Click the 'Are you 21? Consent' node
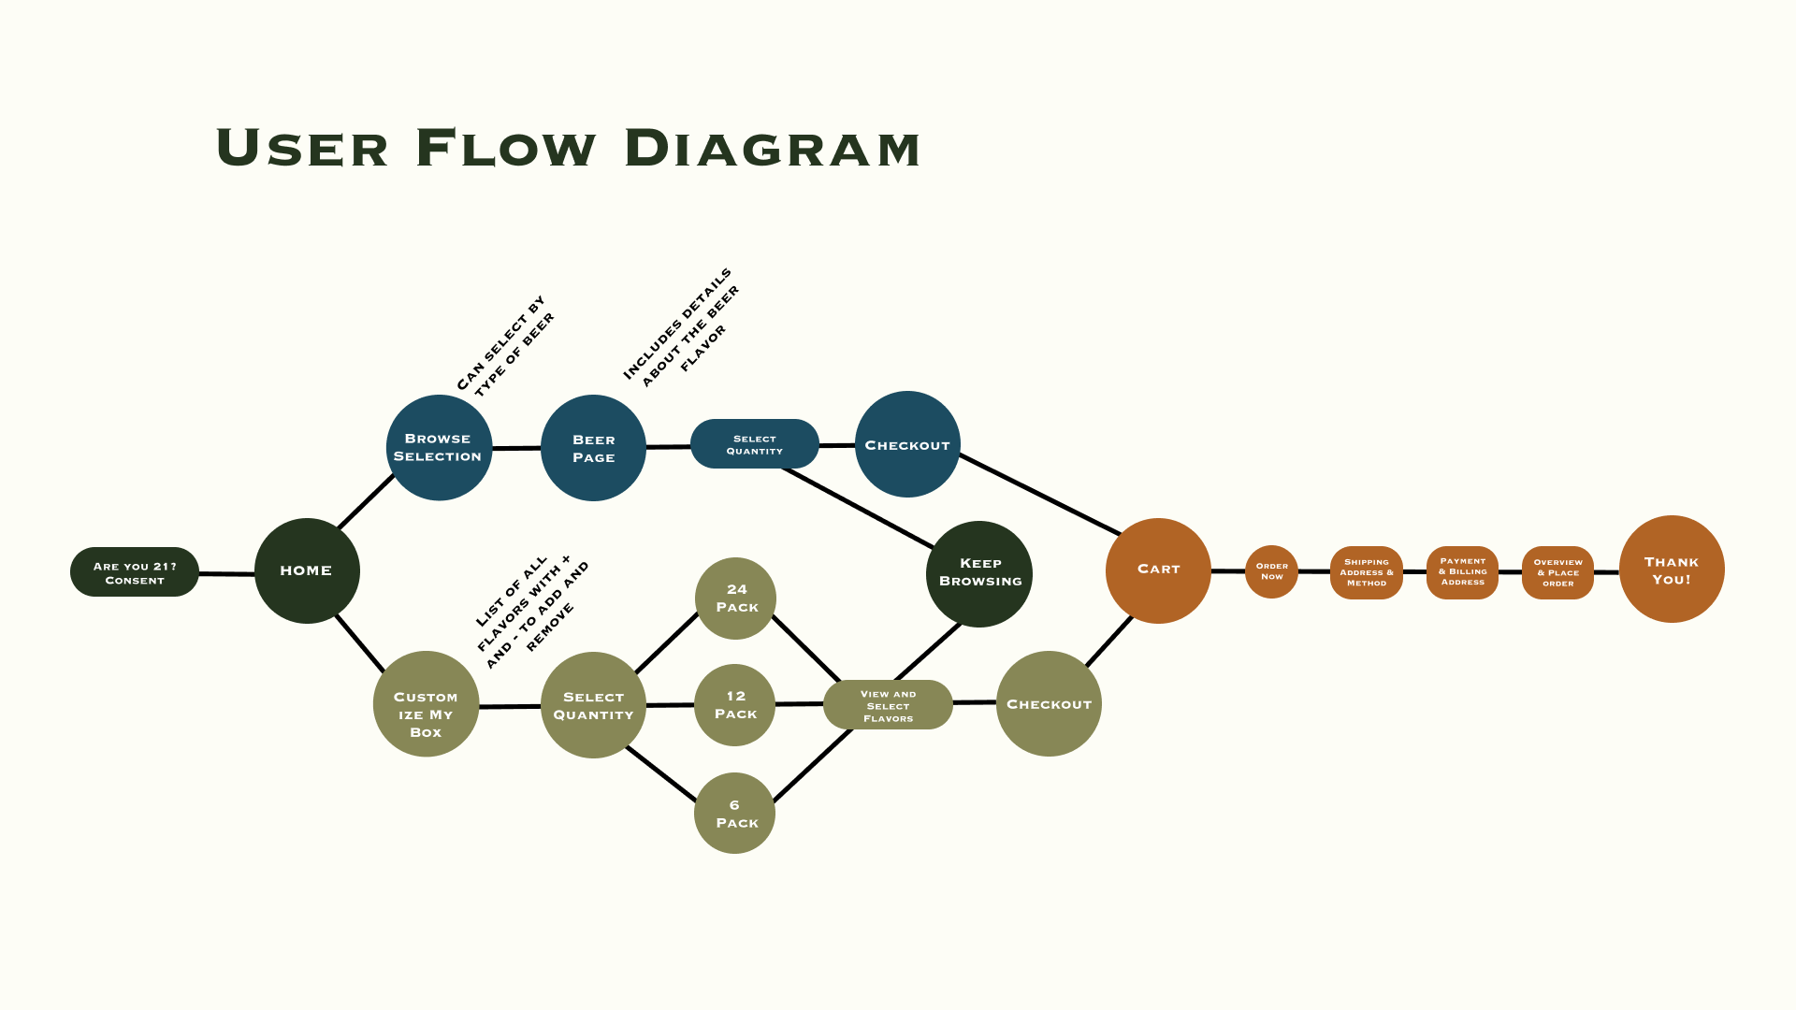135,572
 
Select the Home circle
307,570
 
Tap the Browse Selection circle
439,447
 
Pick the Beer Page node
593,448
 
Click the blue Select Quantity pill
754,444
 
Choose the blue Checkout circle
907,444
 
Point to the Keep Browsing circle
979,573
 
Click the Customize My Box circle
426,704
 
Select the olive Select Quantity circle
593,705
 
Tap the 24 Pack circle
736,599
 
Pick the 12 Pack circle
735,705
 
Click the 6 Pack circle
735,813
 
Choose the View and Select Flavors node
888,705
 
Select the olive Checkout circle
1049,703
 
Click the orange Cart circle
1158,570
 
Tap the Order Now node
1271,571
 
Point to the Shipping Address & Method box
1367,572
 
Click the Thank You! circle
1672,570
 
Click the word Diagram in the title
772,150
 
